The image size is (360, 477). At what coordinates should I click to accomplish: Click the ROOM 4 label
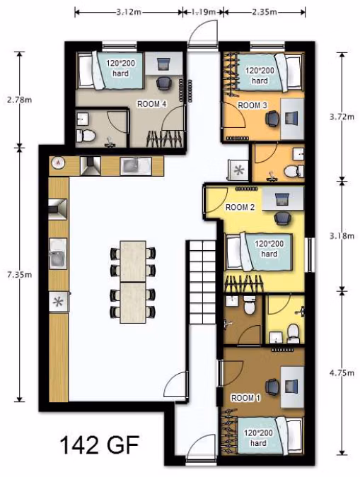tap(151, 104)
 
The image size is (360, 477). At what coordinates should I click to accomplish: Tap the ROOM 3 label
tap(252, 105)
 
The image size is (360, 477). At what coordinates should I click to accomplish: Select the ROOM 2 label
tap(240, 208)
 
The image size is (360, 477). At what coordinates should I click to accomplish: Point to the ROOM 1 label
tap(246, 398)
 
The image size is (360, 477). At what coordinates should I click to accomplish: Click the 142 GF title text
tap(100, 444)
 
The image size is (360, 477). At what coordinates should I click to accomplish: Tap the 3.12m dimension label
tap(129, 12)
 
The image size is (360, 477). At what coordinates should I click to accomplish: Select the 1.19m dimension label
tap(204, 12)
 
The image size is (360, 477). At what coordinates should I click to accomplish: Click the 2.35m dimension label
tap(265, 12)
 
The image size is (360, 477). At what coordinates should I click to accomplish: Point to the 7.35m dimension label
tap(20, 275)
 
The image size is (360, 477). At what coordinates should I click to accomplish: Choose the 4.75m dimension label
tap(342, 373)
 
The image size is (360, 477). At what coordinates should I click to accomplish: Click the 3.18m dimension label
tap(342, 236)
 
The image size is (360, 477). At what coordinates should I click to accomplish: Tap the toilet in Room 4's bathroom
tap(86, 136)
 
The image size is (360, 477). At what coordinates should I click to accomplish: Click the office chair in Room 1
tap(272, 387)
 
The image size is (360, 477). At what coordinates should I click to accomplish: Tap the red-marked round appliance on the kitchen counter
tap(58, 163)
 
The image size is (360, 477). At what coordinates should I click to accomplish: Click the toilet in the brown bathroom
tap(250, 305)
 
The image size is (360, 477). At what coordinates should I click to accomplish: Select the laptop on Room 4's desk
tap(164, 64)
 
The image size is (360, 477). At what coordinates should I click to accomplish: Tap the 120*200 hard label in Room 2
tap(269, 249)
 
